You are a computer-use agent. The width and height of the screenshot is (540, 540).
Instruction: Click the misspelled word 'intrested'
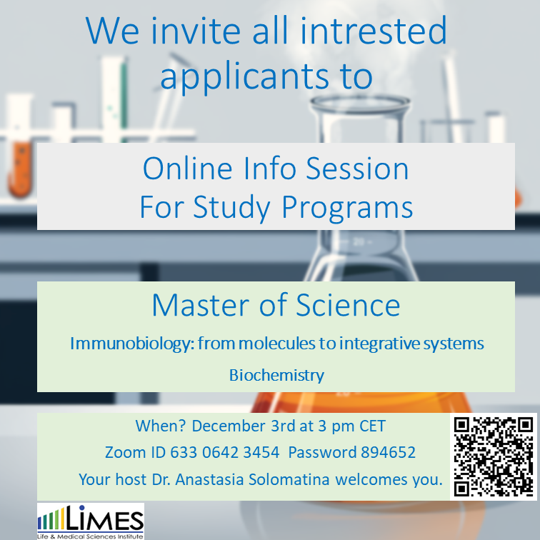click(374, 31)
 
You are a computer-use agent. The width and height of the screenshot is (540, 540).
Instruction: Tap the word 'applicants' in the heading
click(244, 77)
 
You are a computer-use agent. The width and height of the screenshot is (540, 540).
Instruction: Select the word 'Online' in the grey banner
click(188, 169)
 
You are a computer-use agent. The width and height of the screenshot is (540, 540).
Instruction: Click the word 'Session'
click(357, 169)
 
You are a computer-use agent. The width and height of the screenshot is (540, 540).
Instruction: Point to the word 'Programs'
click(347, 208)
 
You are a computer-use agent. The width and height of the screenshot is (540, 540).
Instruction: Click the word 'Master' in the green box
click(201, 305)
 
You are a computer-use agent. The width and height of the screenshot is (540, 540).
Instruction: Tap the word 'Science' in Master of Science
click(348, 305)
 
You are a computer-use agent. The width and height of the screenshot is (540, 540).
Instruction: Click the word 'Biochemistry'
click(276, 376)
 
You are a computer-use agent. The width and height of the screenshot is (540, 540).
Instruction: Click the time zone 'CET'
click(372, 426)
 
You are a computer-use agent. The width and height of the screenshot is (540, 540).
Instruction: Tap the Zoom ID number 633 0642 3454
click(224, 453)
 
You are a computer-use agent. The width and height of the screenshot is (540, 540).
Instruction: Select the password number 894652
click(388, 453)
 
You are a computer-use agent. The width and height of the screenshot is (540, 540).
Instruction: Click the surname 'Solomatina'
click(289, 479)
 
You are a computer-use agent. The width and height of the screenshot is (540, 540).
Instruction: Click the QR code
click(494, 456)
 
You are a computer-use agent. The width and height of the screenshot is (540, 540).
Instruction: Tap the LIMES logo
click(91, 521)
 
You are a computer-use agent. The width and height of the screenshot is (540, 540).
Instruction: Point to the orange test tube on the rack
click(20, 169)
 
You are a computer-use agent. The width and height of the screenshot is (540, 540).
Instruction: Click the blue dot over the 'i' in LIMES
click(81, 507)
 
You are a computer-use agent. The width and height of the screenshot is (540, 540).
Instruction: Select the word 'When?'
click(161, 426)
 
